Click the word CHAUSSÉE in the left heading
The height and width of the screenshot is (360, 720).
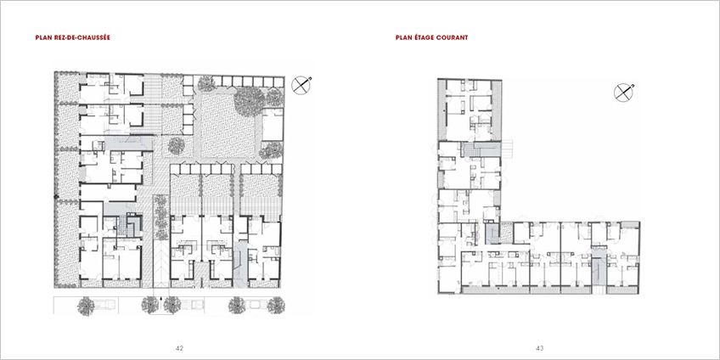click(x=94, y=37)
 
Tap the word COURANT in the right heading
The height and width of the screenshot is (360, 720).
click(x=453, y=37)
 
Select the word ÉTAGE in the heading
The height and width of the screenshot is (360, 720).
click(x=424, y=37)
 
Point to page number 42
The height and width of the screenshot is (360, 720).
click(x=179, y=348)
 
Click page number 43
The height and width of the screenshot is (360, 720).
click(x=539, y=348)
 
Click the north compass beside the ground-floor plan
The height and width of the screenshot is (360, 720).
click(x=301, y=85)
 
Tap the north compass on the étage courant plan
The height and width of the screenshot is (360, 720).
click(x=623, y=93)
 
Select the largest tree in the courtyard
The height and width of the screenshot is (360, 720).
click(x=250, y=100)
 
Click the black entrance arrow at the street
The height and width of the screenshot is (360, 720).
click(x=160, y=299)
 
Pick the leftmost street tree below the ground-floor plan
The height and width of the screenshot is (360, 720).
click(x=86, y=306)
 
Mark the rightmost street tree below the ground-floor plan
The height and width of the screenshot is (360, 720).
click(x=276, y=306)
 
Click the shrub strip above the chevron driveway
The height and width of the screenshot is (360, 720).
click(x=160, y=217)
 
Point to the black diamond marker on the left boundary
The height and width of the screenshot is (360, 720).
click(x=57, y=197)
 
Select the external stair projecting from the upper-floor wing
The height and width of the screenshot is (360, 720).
click(x=509, y=149)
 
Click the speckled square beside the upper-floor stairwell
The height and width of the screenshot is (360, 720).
click(x=507, y=233)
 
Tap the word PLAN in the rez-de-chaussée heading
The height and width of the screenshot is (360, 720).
click(x=43, y=37)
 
